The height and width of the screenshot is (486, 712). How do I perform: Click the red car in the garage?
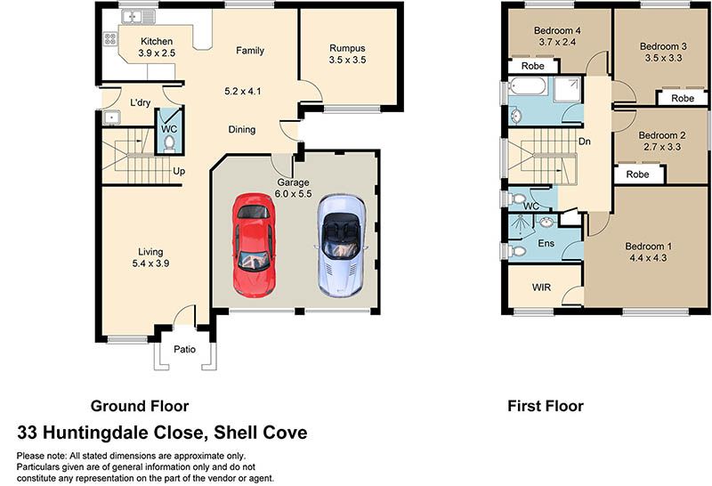tap(254, 246)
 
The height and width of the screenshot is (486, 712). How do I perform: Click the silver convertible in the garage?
tap(341, 246)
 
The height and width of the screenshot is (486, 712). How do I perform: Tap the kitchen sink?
tap(139, 17)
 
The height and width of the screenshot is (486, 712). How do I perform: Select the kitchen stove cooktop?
tap(110, 38)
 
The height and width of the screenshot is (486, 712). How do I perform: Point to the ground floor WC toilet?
tap(169, 143)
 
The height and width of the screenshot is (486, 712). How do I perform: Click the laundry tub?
tap(110, 117)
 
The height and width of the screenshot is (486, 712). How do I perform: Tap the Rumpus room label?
tap(347, 48)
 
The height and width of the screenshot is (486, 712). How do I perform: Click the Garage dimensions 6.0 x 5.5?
tap(294, 194)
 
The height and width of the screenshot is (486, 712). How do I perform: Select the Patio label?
tap(185, 349)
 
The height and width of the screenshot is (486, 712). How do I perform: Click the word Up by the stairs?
tap(179, 171)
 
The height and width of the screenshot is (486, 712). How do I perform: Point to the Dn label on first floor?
tap(585, 142)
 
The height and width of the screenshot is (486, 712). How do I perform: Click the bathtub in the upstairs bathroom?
tap(528, 85)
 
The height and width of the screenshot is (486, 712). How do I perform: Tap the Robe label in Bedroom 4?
tap(532, 67)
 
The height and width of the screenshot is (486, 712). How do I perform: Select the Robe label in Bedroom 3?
tap(683, 98)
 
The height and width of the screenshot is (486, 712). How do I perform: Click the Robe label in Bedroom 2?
tap(637, 174)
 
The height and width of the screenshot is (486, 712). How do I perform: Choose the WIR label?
tap(541, 288)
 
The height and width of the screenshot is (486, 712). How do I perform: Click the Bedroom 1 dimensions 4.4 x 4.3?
tap(648, 258)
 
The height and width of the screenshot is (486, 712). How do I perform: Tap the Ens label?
tap(546, 244)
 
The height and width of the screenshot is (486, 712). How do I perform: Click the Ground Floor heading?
tap(140, 406)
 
